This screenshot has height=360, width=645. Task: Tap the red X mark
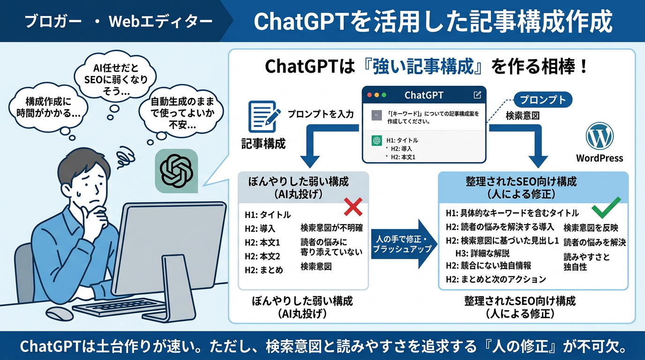coord(353,207)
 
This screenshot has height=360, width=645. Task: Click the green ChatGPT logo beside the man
coord(177,171)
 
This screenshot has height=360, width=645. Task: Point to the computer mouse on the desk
coord(60,313)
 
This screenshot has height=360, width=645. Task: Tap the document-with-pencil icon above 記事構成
coord(264,116)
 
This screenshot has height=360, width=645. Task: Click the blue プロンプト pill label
coord(542,100)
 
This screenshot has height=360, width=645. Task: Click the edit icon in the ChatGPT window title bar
coord(477,95)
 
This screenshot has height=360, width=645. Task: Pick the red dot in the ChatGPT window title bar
coord(369,95)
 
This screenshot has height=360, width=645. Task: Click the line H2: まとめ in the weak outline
coord(264,270)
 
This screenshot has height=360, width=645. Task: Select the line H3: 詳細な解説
coord(482,254)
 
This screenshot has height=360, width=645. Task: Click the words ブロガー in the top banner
coord(53,21)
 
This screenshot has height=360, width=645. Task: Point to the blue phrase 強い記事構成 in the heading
coord(423,67)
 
